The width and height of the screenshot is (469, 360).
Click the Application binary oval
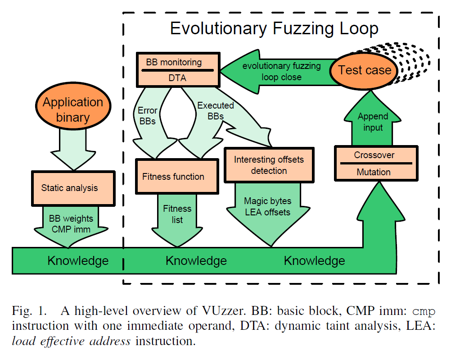[72, 109]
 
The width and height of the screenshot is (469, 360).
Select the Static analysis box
[70, 188]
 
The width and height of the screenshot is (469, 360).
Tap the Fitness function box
[173, 177]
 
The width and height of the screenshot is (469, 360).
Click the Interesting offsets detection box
[269, 165]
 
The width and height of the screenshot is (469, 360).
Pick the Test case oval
[365, 70]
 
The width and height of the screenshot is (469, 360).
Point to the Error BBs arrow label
[148, 115]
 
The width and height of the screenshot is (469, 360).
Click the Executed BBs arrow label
[216, 110]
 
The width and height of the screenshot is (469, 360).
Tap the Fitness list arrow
[177, 214]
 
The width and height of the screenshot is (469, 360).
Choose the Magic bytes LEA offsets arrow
[267, 207]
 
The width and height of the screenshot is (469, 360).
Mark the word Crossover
[374, 155]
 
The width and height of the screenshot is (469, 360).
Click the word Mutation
[374, 172]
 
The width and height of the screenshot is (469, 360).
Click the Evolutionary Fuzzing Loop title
[274, 29]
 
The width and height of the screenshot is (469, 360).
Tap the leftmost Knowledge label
[78, 260]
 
